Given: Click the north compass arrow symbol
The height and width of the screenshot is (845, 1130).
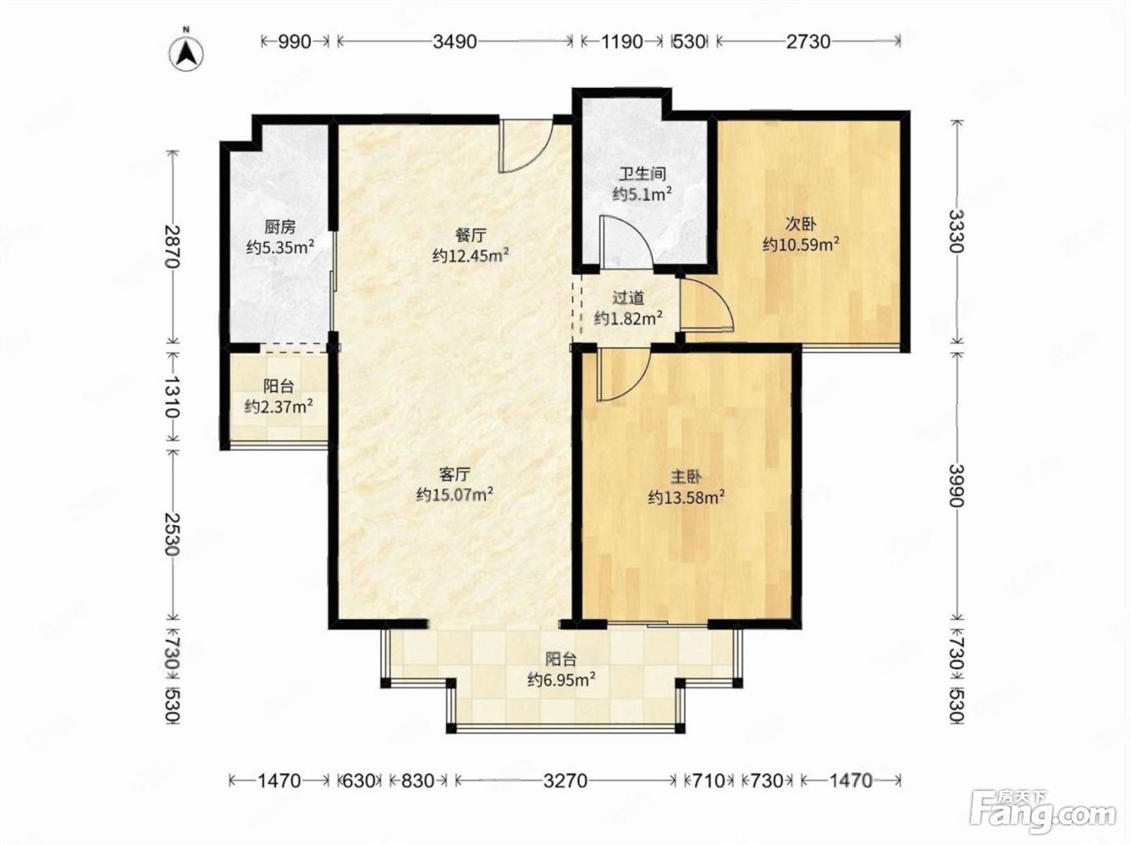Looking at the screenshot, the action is (188, 53).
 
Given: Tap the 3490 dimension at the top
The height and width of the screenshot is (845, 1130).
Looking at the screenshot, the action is (454, 42).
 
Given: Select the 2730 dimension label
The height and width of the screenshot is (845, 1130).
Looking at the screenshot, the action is (808, 42).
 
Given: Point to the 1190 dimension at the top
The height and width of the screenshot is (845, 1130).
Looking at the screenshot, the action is (621, 42).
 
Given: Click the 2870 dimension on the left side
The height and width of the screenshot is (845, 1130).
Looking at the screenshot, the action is (173, 246).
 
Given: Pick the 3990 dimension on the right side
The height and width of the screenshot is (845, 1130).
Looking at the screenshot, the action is (956, 486).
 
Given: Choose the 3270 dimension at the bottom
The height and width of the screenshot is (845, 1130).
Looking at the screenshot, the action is (565, 780).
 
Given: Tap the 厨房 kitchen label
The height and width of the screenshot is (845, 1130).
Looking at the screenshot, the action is (280, 227).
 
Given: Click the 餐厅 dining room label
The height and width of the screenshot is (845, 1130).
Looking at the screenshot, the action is (471, 235).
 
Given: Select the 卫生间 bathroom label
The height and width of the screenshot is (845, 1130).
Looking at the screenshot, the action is (642, 174).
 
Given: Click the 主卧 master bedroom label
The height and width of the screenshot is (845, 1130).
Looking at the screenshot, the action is (686, 477).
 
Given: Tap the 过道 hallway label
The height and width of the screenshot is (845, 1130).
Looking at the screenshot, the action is (628, 298).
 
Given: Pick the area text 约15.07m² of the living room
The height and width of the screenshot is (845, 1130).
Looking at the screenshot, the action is (455, 494).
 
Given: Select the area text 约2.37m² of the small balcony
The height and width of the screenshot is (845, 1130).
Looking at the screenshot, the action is (278, 407).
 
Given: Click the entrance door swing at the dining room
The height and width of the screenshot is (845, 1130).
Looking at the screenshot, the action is (526, 147).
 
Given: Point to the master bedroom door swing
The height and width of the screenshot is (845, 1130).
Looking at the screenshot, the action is (623, 374).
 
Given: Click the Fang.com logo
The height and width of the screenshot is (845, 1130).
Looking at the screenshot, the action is (1043, 814).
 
